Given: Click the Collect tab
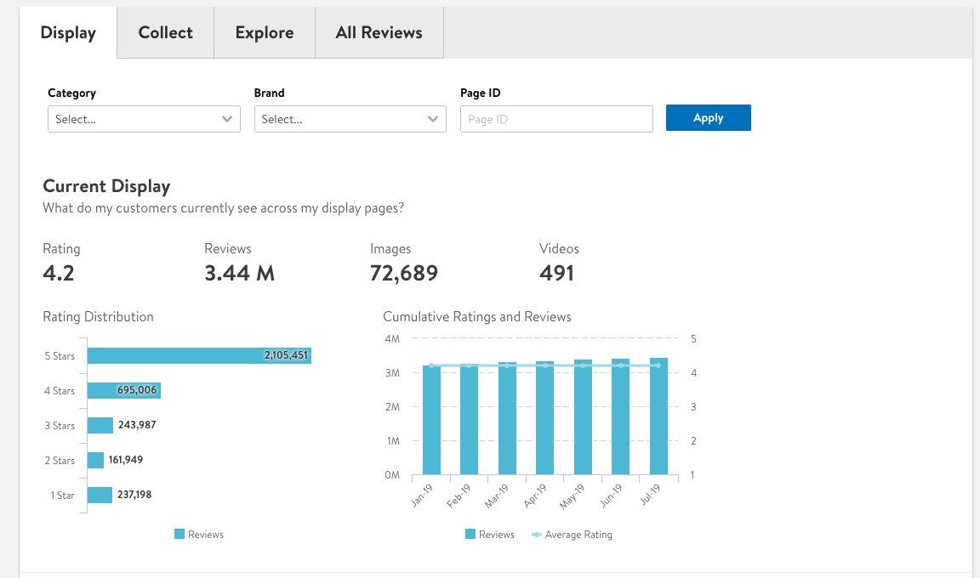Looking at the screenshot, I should pyautogui.click(x=165, y=33).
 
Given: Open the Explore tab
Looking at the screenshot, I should pyautogui.click(x=265, y=33).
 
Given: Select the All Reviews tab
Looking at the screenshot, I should pyautogui.click(x=379, y=33).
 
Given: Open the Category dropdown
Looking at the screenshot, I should pyautogui.click(x=144, y=119).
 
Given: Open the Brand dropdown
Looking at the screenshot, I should pyautogui.click(x=350, y=119).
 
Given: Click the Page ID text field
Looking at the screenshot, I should pyautogui.click(x=556, y=119).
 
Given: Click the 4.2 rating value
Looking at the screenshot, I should pyautogui.click(x=59, y=273).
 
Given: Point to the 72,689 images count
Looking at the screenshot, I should pyautogui.click(x=404, y=273).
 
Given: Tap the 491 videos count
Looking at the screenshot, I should pyautogui.click(x=556, y=273).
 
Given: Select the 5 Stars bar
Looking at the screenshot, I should pyautogui.click(x=199, y=355).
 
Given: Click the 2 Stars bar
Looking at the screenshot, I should pyautogui.click(x=95, y=460).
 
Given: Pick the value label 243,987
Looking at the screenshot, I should pyautogui.click(x=137, y=425).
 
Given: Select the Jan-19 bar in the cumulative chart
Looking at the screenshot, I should pyautogui.click(x=431, y=420).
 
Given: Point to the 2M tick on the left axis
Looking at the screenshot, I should pyautogui.click(x=392, y=407).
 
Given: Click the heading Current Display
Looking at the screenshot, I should pyautogui.click(x=106, y=186).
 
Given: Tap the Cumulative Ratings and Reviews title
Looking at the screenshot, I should pyautogui.click(x=477, y=317).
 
